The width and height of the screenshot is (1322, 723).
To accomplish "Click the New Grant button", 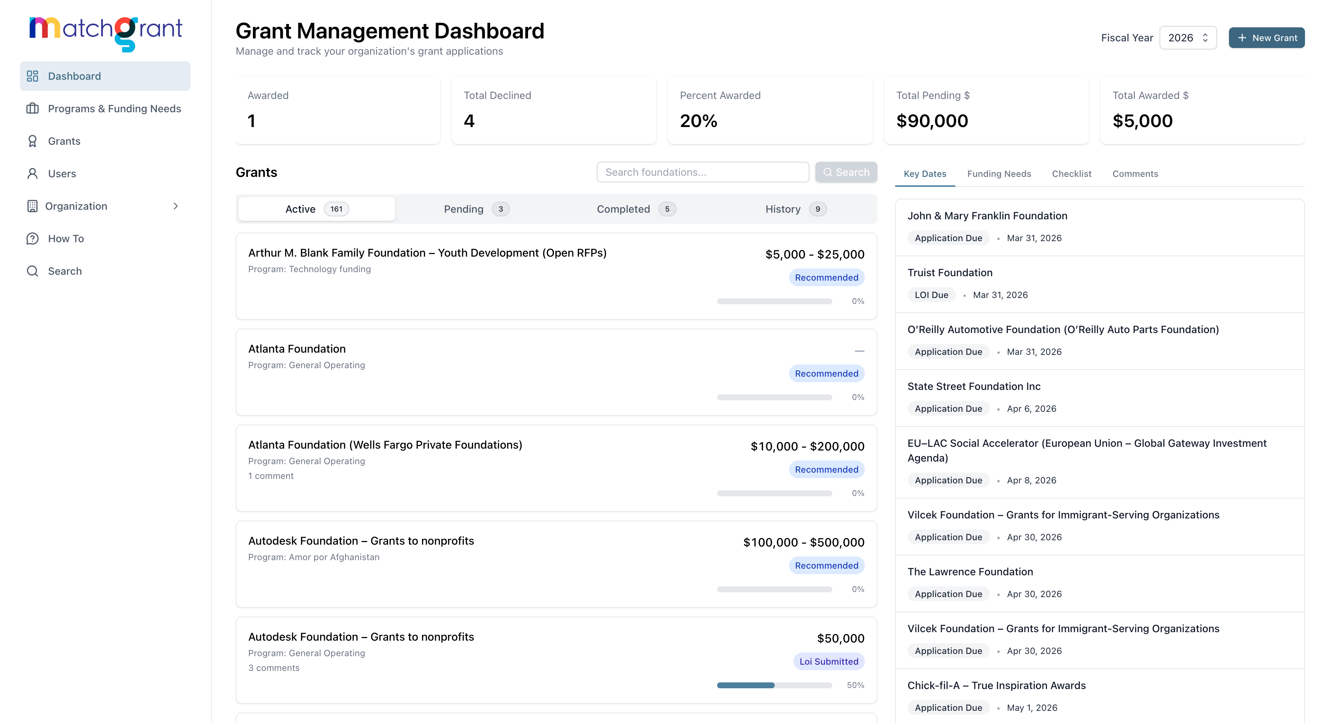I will tap(1266, 38).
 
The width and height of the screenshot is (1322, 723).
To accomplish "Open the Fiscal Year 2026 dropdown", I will tap(1188, 38).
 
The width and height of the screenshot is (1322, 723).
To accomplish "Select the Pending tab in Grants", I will tap(476, 209).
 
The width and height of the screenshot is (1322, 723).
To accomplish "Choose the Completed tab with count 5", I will tap(636, 209).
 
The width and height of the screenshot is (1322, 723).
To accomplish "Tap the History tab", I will tap(795, 209).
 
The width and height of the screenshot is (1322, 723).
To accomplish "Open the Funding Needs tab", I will tap(999, 174).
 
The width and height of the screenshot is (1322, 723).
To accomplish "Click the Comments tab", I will tap(1135, 174).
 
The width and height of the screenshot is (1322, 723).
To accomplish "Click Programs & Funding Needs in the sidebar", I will tap(114, 109).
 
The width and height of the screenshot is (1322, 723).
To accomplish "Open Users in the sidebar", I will tap(62, 174).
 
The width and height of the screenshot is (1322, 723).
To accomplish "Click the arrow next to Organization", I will tap(175, 206).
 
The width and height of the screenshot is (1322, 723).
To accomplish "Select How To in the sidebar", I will tap(66, 239).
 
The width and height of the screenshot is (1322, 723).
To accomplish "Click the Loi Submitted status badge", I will tap(828, 661).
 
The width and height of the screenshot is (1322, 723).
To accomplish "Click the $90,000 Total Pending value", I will tap(932, 121).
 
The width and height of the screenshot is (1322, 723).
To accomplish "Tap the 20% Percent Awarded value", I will tap(698, 121).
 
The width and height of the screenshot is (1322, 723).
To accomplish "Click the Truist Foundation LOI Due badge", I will tap(931, 295).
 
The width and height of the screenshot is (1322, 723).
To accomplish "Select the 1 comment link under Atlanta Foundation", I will tap(271, 476).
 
